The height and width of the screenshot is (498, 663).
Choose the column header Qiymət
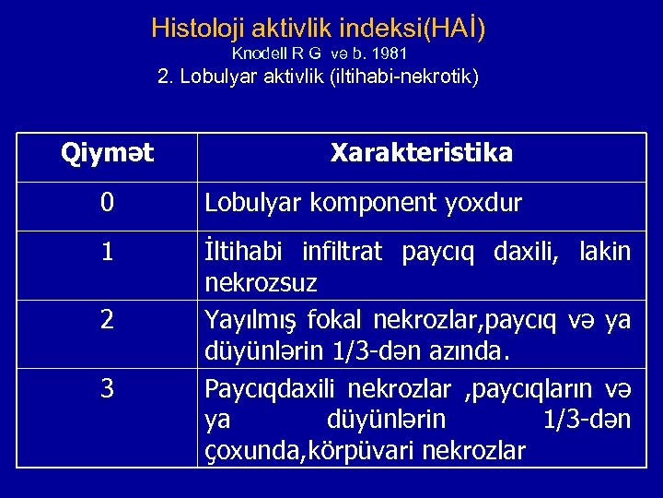107,152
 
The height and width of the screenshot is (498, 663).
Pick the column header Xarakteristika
422,152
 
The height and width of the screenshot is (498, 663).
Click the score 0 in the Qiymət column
107,203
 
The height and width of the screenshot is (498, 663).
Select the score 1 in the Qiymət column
107,250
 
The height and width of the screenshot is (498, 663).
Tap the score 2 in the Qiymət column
107,320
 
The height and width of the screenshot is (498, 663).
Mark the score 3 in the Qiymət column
107,389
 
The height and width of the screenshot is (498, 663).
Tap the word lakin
606,252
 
